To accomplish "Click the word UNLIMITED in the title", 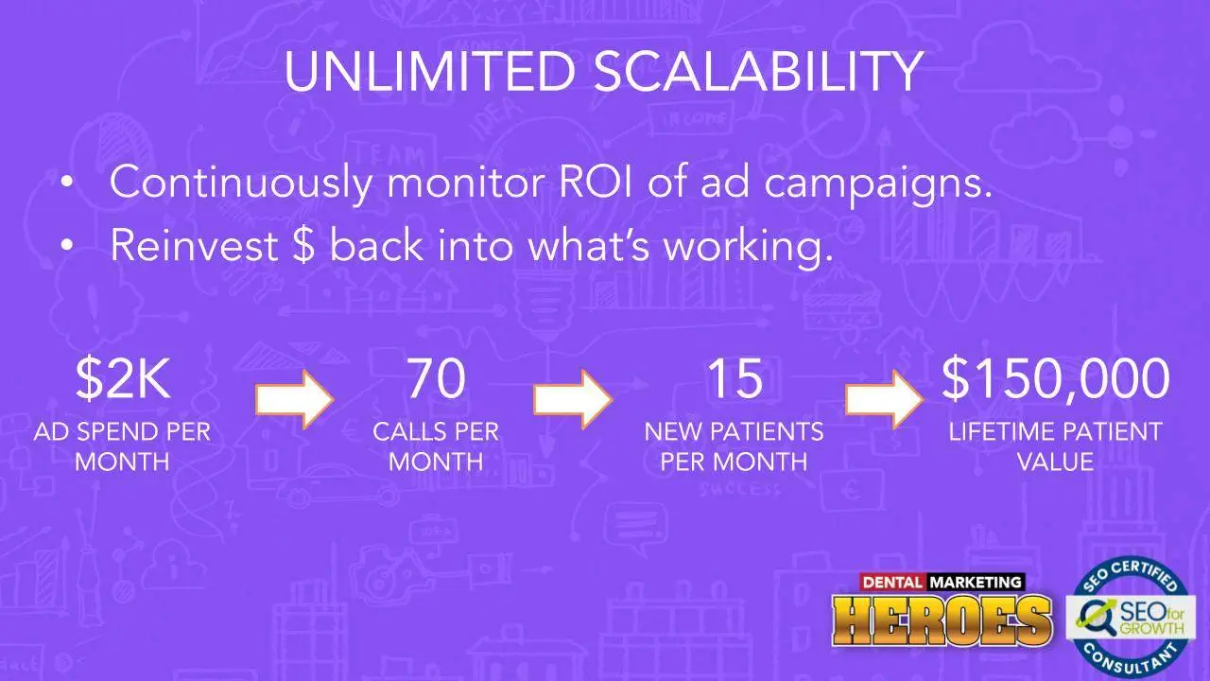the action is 429,72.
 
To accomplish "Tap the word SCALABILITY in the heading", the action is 758,72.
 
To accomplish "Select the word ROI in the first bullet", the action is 595,182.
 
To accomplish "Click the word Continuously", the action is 240,183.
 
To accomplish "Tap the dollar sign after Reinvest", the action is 304,245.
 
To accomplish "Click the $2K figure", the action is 123,378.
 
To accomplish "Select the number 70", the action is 436,378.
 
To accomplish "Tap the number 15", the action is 735,378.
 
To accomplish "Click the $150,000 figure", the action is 1055,378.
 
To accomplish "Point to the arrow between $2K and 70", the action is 294,399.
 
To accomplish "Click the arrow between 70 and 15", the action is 573,399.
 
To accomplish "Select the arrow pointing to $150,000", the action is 884,399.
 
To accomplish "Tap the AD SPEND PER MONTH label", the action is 122,446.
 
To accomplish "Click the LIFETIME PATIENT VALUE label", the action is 1055,446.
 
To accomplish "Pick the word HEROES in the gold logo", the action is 942,620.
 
